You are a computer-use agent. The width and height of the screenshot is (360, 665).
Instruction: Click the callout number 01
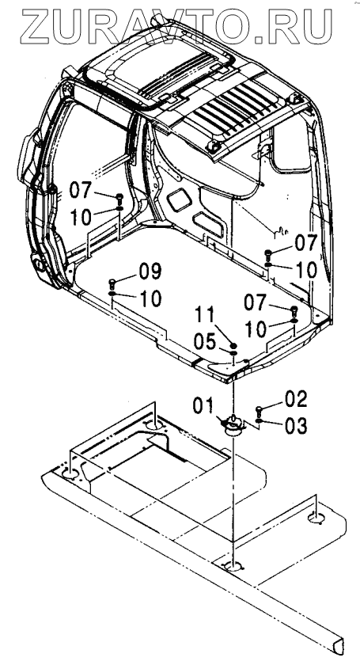point(203,405)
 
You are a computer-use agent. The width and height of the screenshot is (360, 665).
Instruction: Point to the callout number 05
point(205,341)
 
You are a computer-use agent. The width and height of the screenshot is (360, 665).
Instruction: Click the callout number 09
point(150,272)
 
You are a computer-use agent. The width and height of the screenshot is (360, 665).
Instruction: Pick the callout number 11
point(206,315)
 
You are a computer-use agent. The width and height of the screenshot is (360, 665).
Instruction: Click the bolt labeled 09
point(112,283)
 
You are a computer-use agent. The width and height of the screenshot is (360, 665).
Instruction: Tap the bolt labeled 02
point(259,411)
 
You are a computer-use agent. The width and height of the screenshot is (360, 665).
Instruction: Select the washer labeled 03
point(259,420)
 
